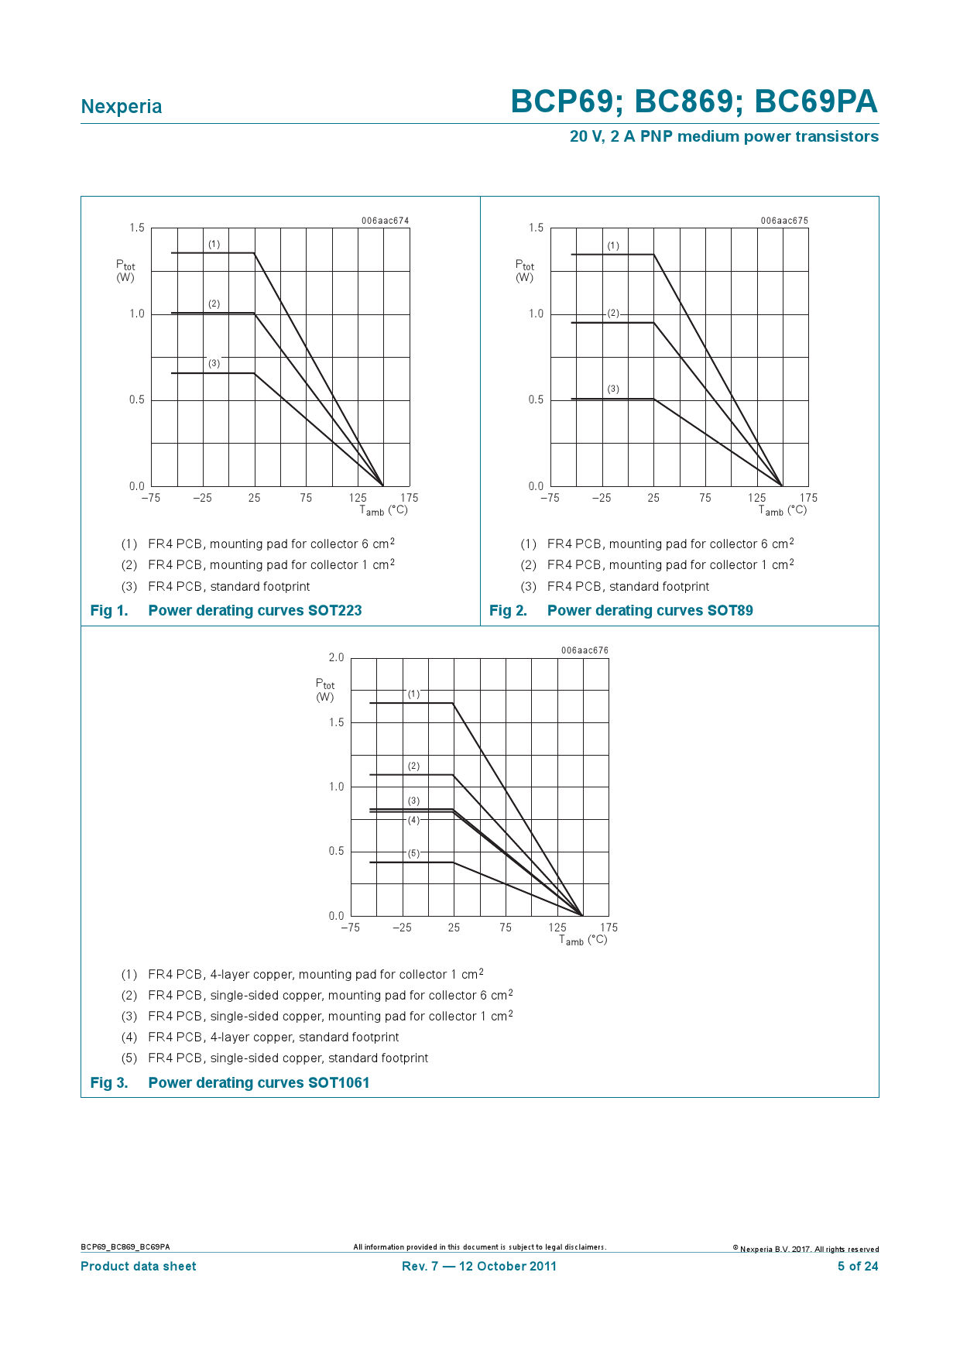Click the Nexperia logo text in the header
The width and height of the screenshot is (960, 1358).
click(x=122, y=107)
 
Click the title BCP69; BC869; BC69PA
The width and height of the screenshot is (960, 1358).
click(x=694, y=102)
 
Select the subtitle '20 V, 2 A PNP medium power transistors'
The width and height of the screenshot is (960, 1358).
click(x=724, y=136)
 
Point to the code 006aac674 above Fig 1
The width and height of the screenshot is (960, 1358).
click(x=385, y=221)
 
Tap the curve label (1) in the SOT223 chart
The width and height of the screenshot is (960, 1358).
click(x=214, y=245)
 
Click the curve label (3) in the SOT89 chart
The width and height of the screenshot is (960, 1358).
click(x=613, y=389)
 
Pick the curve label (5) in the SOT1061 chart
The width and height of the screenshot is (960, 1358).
click(x=414, y=853)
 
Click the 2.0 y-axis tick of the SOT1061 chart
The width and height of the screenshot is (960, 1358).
click(x=336, y=658)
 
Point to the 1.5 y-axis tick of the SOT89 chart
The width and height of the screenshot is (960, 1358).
click(x=536, y=228)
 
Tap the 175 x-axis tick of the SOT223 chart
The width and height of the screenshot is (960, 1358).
click(x=410, y=498)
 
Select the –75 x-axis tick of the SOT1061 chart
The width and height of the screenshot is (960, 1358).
click(x=350, y=928)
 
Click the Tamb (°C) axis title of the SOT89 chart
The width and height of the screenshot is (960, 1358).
click(x=783, y=510)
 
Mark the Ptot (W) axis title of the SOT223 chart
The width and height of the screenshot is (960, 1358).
click(x=125, y=271)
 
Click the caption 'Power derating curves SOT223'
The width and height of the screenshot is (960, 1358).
click(x=255, y=611)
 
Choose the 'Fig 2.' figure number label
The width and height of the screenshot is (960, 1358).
click(x=508, y=611)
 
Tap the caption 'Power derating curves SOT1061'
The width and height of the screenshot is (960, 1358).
click(x=259, y=1083)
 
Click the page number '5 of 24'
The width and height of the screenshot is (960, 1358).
click(x=858, y=1267)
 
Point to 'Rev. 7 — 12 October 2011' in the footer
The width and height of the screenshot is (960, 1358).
click(x=479, y=1267)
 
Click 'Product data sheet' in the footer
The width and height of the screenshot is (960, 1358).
click(x=139, y=1267)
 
